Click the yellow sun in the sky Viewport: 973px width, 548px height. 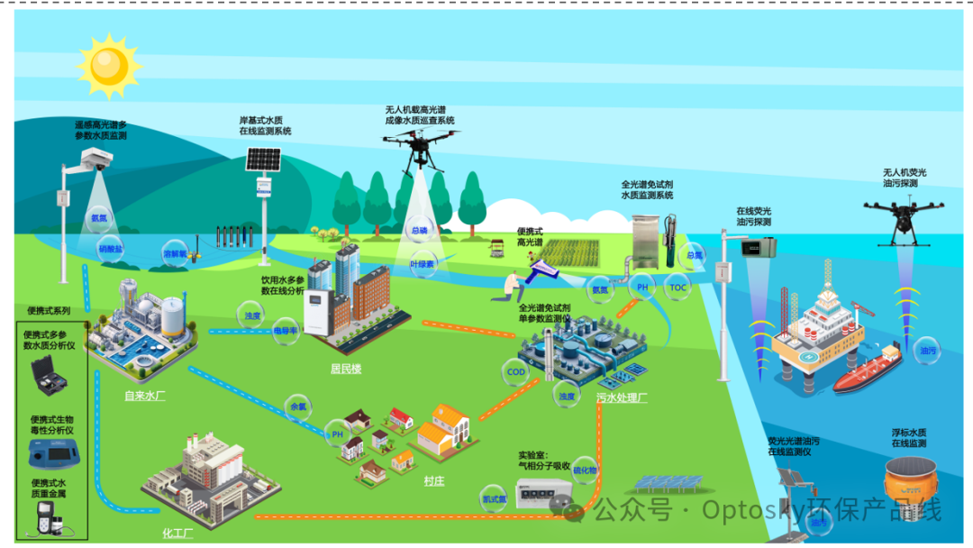click(x=109, y=65)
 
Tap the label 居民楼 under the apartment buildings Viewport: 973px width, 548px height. click(x=346, y=368)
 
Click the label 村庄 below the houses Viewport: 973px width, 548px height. click(x=434, y=481)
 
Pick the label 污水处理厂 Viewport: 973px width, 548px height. click(x=622, y=397)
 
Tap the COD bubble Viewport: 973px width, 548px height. click(x=515, y=372)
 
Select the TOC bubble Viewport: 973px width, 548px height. click(x=678, y=288)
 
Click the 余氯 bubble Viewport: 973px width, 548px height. click(x=296, y=406)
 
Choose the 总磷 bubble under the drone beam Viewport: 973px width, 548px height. click(x=419, y=230)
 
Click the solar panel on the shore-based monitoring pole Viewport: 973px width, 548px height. click(x=263, y=160)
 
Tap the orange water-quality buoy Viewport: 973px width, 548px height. click(x=906, y=479)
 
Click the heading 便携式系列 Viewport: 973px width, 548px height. click(x=49, y=311)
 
